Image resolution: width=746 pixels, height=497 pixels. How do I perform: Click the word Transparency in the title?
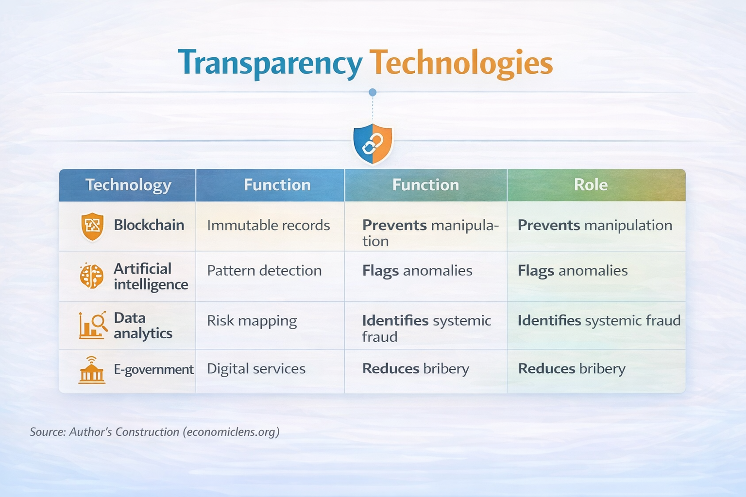point(270,64)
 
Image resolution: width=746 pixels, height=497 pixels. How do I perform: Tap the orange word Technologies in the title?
point(461,64)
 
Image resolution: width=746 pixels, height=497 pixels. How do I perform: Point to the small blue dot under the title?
point(373,92)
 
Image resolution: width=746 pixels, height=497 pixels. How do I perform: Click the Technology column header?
point(128,185)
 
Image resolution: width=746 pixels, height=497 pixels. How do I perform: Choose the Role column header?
point(591,185)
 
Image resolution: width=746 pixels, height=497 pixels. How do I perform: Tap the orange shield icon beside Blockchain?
point(92,226)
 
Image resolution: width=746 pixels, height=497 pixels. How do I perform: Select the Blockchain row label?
point(149,225)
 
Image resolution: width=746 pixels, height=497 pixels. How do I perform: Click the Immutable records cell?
point(268,225)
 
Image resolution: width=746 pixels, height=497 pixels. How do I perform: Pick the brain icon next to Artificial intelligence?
point(92,276)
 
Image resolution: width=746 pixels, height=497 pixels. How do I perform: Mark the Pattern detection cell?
point(264,270)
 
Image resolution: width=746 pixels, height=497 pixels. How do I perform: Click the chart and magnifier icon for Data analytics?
point(92,325)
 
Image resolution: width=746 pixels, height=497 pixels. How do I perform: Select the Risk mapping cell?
point(252,321)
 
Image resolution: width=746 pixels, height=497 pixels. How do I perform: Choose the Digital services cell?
point(256,369)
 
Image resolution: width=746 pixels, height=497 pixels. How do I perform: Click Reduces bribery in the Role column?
point(572,369)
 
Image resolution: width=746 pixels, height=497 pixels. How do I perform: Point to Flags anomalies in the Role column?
point(573,270)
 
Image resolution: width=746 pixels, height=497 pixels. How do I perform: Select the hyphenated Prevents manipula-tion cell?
point(430,233)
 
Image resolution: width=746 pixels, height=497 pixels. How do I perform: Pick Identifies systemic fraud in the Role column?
point(598,321)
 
